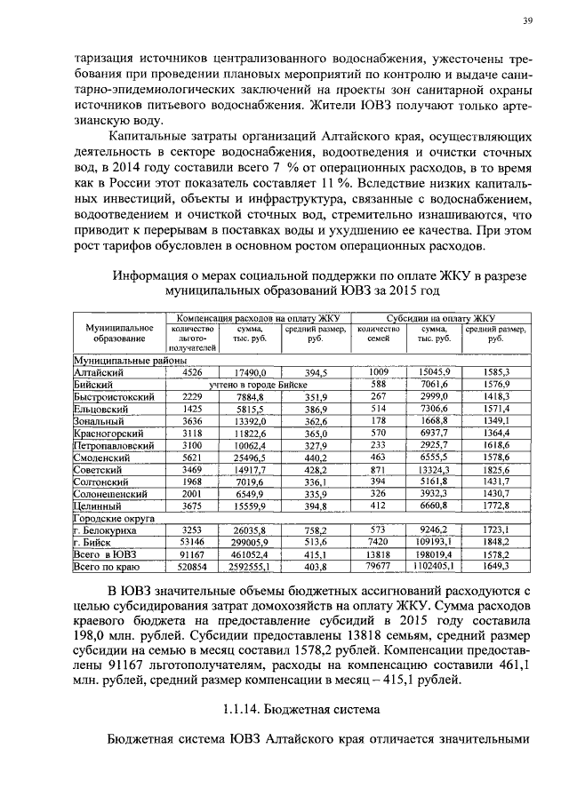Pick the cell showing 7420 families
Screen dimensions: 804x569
(x=376, y=539)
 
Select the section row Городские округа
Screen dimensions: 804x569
(x=114, y=515)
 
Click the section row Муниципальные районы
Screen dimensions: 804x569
(x=117, y=361)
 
